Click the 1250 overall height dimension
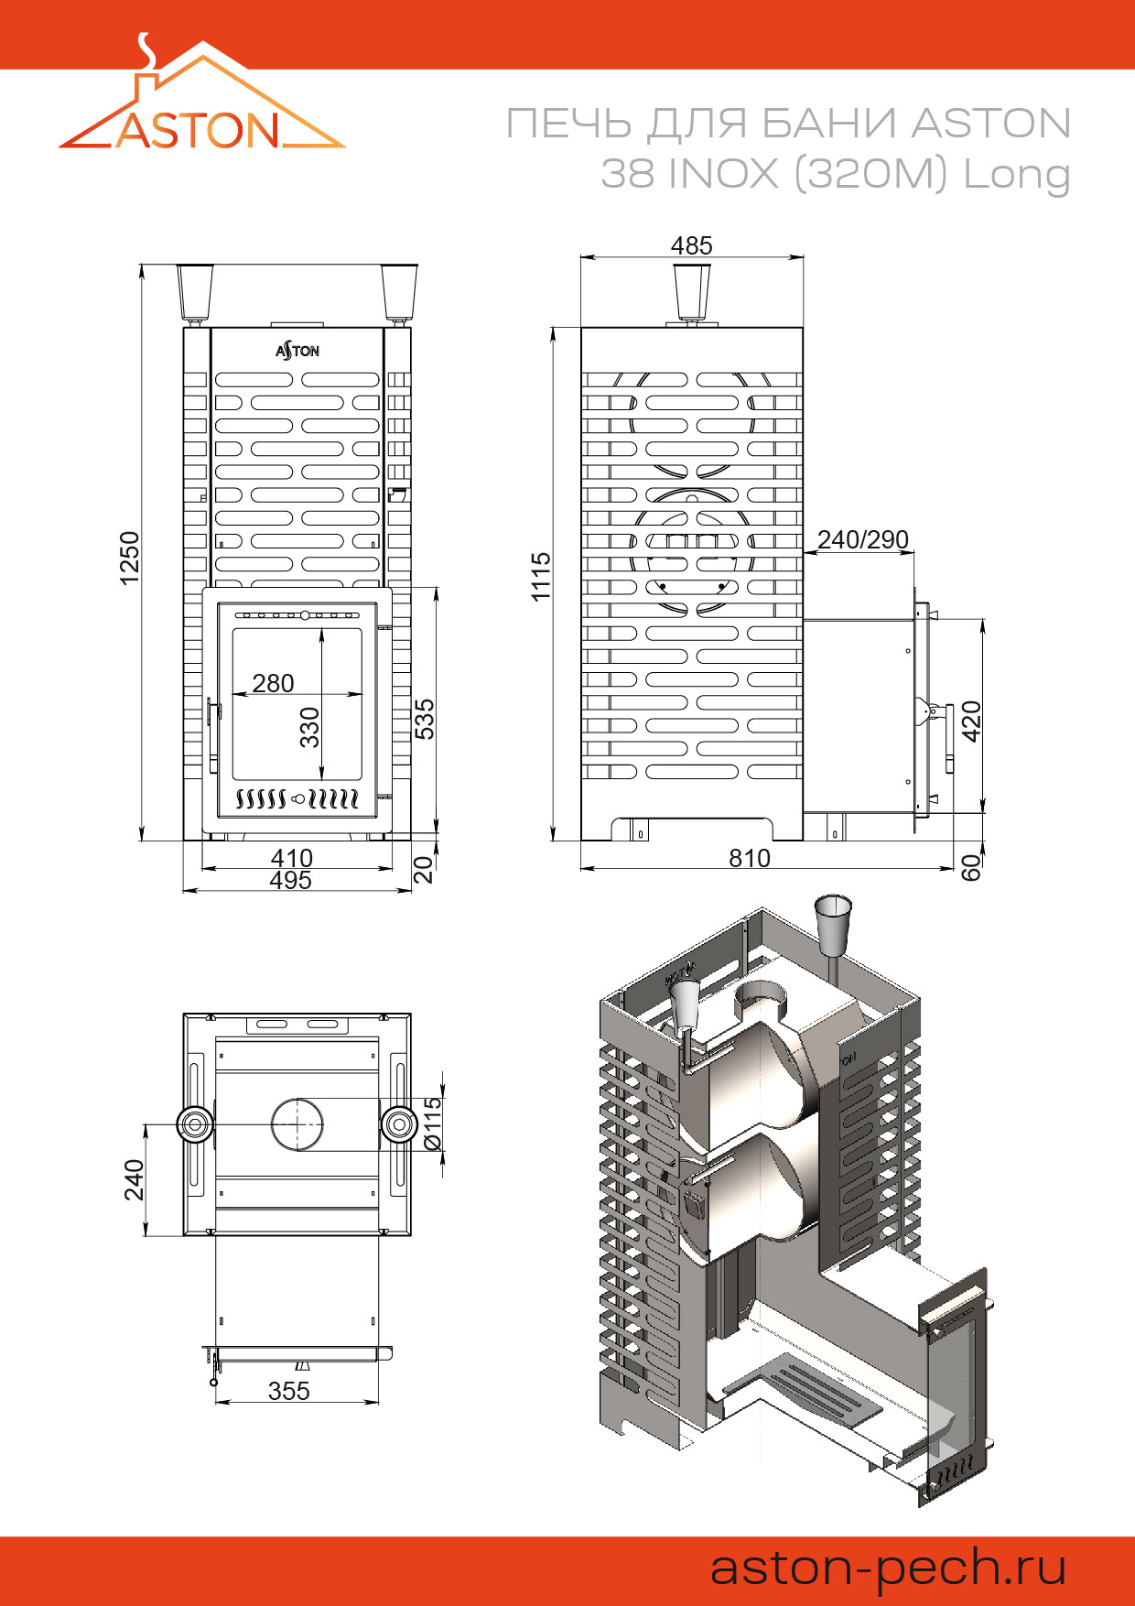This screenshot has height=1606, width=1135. point(130,557)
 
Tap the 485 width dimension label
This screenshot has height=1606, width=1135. point(691,245)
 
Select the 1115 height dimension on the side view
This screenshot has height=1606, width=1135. point(541,577)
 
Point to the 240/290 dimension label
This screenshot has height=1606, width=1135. point(863,539)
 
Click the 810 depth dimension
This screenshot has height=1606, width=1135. point(750,858)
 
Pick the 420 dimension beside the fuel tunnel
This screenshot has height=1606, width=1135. point(971,721)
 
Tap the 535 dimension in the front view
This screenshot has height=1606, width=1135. point(425,719)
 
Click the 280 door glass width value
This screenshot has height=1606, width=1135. point(273,683)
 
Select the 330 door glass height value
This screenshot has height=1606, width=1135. point(310,727)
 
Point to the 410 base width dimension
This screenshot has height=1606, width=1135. point(292,858)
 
